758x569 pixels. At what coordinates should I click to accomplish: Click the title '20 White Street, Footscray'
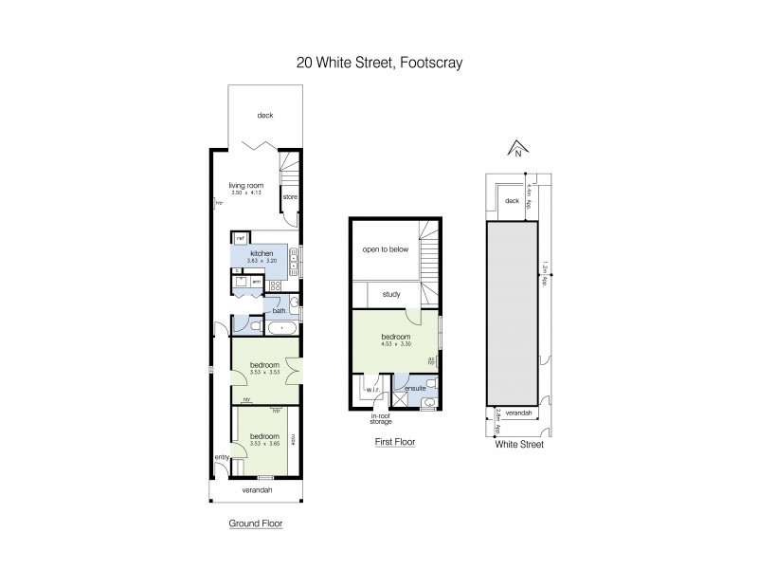tap(378, 63)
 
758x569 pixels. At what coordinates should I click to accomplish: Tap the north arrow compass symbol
tap(517, 149)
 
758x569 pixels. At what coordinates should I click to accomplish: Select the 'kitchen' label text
tap(262, 254)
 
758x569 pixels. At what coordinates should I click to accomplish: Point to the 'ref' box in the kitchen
tap(240, 238)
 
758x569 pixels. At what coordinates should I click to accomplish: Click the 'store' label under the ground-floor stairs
tap(290, 197)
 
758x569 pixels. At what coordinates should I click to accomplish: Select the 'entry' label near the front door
tap(222, 458)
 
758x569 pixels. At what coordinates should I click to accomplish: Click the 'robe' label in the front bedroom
tap(295, 438)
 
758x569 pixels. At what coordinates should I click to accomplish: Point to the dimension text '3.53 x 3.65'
tap(264, 444)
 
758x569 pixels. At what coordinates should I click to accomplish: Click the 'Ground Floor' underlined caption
tap(257, 523)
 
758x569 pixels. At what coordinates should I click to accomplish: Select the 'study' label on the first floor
tap(390, 294)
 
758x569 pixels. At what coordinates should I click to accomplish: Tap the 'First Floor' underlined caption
tap(395, 442)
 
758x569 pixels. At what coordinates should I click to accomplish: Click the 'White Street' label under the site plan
tap(518, 444)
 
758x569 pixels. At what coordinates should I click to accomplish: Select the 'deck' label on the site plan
tap(512, 201)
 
